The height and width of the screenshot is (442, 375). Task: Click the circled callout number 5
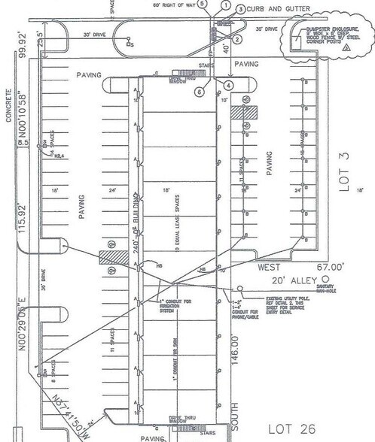(x=202, y=3)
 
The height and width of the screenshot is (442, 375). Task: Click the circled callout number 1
(x=224, y=5)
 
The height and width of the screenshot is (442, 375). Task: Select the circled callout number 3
(x=239, y=9)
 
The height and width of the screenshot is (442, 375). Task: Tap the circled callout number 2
(x=236, y=38)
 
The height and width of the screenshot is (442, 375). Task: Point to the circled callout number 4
(x=229, y=84)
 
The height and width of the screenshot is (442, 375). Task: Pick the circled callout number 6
(x=200, y=92)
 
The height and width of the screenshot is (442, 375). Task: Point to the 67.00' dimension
(x=329, y=266)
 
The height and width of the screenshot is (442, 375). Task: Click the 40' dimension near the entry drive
(x=226, y=52)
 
